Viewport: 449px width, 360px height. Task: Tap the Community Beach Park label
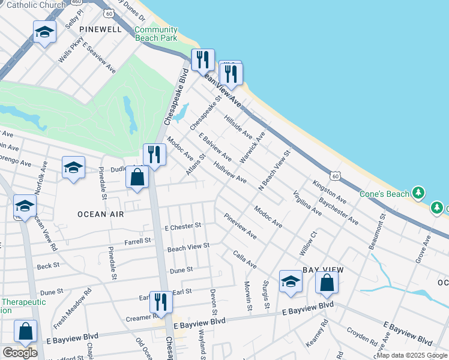click(x=155, y=34)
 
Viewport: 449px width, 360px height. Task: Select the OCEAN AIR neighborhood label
click(x=100, y=214)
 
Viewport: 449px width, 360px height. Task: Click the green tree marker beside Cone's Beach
click(x=418, y=193)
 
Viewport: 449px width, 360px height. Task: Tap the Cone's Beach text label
click(x=384, y=194)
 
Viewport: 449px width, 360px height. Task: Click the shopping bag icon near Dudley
click(x=137, y=178)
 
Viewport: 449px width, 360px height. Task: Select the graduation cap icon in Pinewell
click(x=44, y=32)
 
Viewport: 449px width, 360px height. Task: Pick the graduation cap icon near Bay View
click(x=291, y=281)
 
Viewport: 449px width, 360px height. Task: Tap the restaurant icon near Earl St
click(x=160, y=302)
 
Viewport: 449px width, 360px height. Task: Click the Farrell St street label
click(x=138, y=241)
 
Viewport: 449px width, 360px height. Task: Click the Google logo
click(x=20, y=353)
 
